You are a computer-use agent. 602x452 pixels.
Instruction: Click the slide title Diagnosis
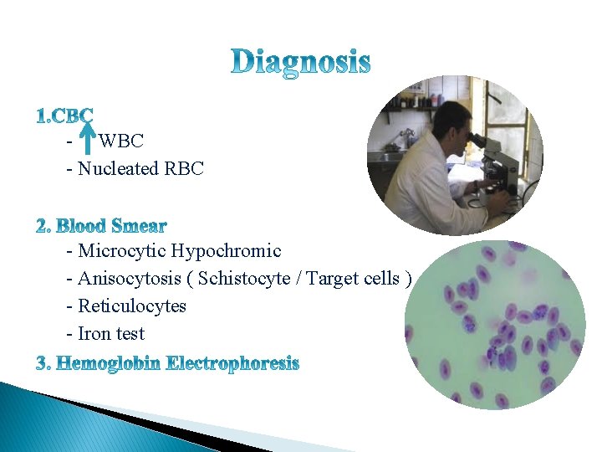point(300,61)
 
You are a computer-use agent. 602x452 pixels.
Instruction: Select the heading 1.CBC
point(64,116)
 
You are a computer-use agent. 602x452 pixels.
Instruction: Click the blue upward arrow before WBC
point(85,137)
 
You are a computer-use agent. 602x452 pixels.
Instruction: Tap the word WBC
point(121,141)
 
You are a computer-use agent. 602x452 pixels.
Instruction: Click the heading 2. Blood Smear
point(101,226)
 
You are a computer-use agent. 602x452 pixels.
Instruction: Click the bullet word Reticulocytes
point(132,306)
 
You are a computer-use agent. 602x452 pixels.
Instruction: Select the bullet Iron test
point(110,334)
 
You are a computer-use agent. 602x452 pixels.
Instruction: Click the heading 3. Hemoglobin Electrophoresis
point(167,364)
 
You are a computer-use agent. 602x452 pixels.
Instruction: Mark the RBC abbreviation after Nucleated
point(183,169)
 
